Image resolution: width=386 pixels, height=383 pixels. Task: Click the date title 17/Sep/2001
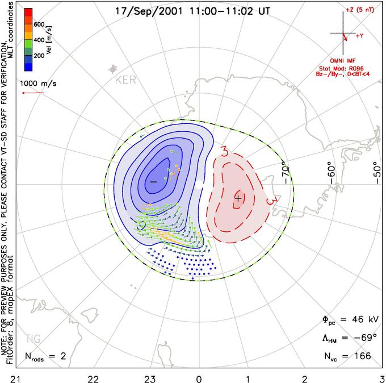pos(146,10)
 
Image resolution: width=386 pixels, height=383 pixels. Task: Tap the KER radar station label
pos(125,80)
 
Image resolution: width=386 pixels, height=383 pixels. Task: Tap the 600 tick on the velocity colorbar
pos(40,24)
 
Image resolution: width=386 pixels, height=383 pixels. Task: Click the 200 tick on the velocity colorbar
pos(40,56)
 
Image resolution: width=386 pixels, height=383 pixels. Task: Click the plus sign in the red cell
pos(238,197)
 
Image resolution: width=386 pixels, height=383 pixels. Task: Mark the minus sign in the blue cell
pos(152,181)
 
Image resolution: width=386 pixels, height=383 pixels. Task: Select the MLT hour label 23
pos(150,377)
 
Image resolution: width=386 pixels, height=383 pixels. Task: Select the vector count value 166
pos(362,356)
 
